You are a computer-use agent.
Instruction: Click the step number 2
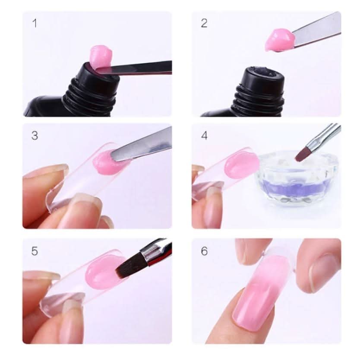pyautogui.click(x=204, y=23)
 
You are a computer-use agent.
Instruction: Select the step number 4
pyautogui.click(x=204, y=136)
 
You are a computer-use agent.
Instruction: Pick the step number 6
pyautogui.click(x=204, y=251)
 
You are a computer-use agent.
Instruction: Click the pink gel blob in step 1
pyautogui.click(x=100, y=55)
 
